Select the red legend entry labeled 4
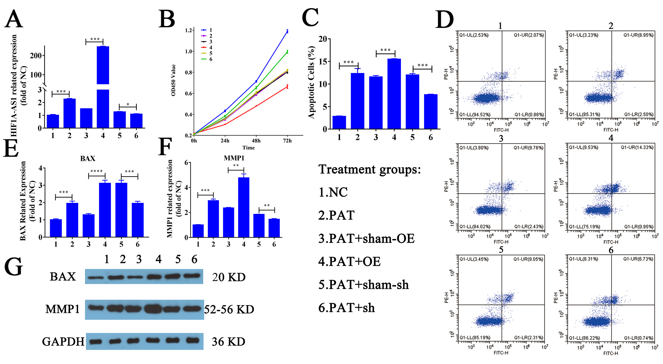pyautogui.click(x=207, y=47)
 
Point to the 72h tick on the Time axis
pyautogui.click(x=287, y=141)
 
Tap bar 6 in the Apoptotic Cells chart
pyautogui.click(x=431, y=111)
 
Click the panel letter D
pyautogui.click(x=444, y=19)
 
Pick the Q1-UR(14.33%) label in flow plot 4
pyautogui.click(x=637, y=147)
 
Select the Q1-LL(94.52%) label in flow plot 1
pyautogui.click(x=475, y=115)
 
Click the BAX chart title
pyautogui.click(x=88, y=158)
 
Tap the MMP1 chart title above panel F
pyautogui.click(x=234, y=158)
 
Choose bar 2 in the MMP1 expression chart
pyautogui.click(x=213, y=219)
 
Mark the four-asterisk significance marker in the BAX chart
pyautogui.click(x=97, y=171)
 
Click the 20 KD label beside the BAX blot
pyautogui.click(x=229, y=277)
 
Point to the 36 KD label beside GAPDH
pyautogui.click(x=228, y=342)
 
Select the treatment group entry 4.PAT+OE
pyautogui.click(x=349, y=261)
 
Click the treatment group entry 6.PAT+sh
pyautogui.click(x=347, y=308)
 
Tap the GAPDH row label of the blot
pyautogui.click(x=63, y=341)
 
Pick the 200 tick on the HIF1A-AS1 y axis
pyautogui.click(x=36, y=56)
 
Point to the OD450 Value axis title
pyautogui.click(x=173, y=80)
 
